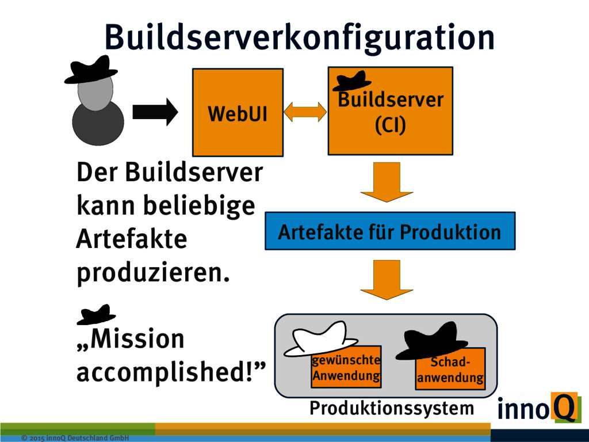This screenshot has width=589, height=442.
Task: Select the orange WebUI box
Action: [x=238, y=113]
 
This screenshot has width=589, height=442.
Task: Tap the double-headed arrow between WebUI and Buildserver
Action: [x=305, y=112]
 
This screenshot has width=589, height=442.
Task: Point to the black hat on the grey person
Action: [x=91, y=70]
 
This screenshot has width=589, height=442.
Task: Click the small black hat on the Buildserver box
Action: [x=351, y=81]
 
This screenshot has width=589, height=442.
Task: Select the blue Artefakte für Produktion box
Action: [x=389, y=231]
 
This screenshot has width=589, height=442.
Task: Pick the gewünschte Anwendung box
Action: [x=346, y=368]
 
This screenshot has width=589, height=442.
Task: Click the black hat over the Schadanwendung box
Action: [x=435, y=341]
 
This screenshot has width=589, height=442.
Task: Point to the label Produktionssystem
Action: [x=392, y=408]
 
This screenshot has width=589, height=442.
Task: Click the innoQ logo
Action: [x=536, y=409]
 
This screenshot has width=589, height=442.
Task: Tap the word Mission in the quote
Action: [x=137, y=338]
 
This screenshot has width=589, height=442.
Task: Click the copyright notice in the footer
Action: [x=75, y=438]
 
